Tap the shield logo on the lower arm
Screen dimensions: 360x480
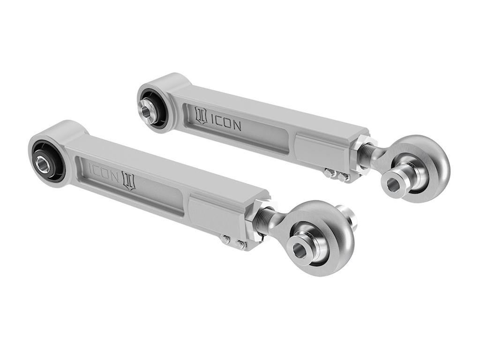click(128, 180)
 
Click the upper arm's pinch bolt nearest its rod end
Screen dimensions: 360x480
click(343, 177)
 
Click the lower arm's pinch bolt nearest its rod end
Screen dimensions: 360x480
click(241, 244)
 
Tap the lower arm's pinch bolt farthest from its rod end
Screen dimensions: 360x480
click(225, 239)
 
